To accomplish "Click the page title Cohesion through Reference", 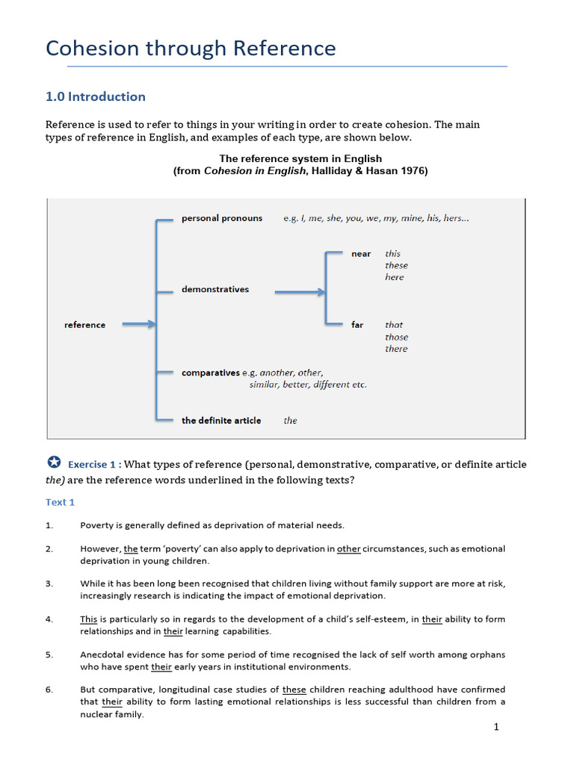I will click(x=191, y=49).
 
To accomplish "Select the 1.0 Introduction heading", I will click(x=96, y=96).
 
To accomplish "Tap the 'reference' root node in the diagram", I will click(x=84, y=325).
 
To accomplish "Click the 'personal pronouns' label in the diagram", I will click(x=222, y=218).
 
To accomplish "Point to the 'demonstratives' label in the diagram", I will click(x=215, y=289).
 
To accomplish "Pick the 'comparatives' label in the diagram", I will click(x=210, y=372).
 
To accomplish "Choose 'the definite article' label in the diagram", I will click(x=221, y=421).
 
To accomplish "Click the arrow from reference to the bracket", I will click(x=138, y=324).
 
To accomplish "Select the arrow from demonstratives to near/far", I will click(x=300, y=291).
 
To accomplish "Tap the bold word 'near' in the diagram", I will click(x=361, y=254).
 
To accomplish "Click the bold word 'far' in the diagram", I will click(x=357, y=325).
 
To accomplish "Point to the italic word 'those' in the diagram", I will click(x=396, y=337).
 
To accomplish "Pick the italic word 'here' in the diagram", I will click(x=394, y=277).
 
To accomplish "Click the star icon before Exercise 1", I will click(x=53, y=463).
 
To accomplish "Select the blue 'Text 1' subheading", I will click(x=61, y=502).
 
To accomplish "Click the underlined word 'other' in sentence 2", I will click(x=349, y=549).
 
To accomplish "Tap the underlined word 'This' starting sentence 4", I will click(x=88, y=619).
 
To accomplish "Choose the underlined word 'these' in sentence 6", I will click(x=294, y=690).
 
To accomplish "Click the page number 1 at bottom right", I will click(x=496, y=728).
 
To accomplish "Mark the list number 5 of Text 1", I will click(x=49, y=654).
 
